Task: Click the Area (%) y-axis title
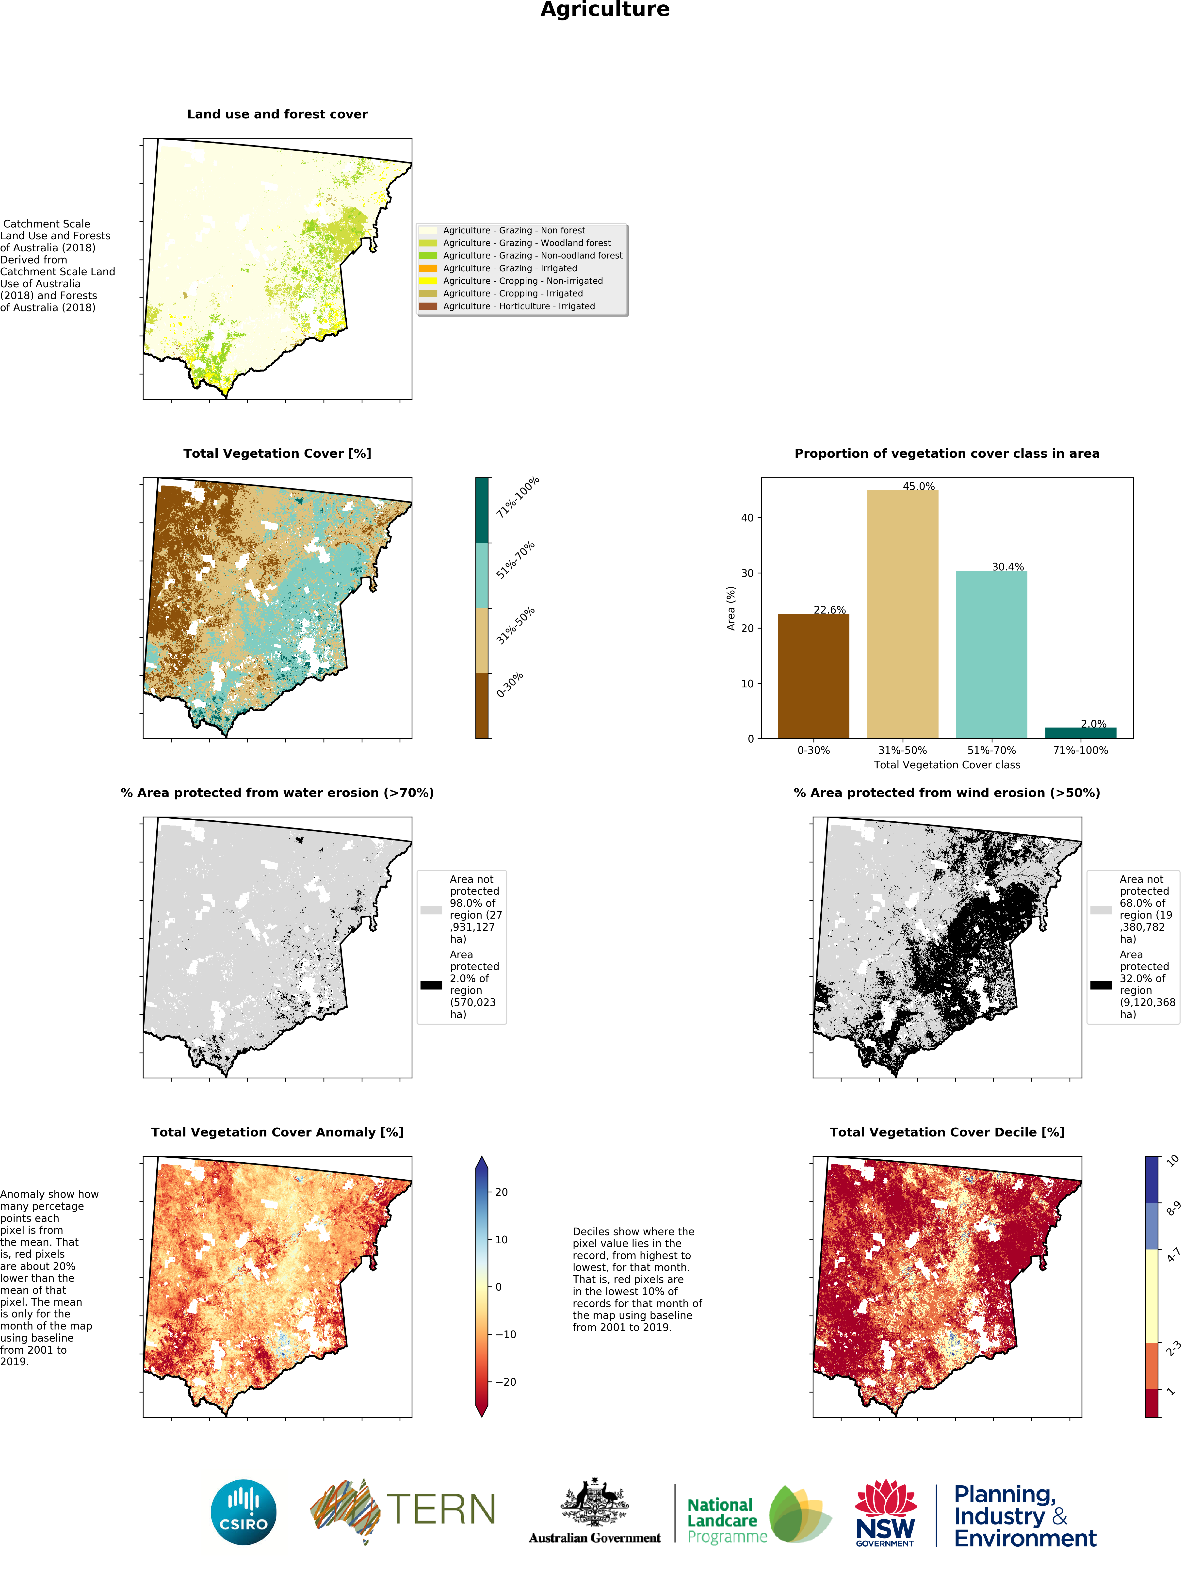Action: pyautogui.click(x=730, y=608)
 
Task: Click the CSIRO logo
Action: pyautogui.click(x=243, y=1512)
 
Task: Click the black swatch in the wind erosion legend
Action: pyautogui.click(x=1101, y=985)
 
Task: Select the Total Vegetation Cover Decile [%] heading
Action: pyautogui.click(x=946, y=1132)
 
